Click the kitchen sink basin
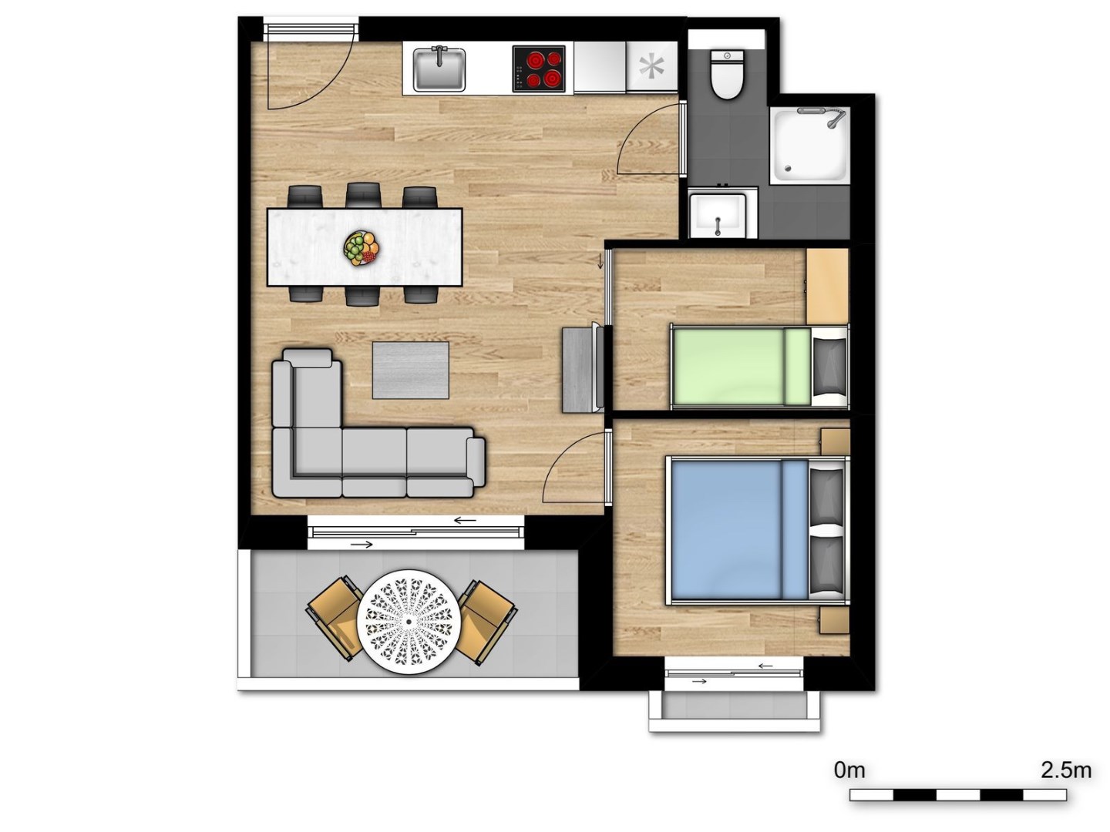point(439,69)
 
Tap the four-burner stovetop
point(539,69)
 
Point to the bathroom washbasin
point(718,215)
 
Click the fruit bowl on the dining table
point(362,248)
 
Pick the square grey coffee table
point(411,371)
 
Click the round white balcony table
point(409,622)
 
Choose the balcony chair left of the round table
point(337,619)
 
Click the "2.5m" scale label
point(1066,770)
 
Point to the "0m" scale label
point(849,770)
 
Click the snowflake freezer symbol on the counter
point(651,68)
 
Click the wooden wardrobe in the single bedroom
point(827,286)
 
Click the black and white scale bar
point(957,794)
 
